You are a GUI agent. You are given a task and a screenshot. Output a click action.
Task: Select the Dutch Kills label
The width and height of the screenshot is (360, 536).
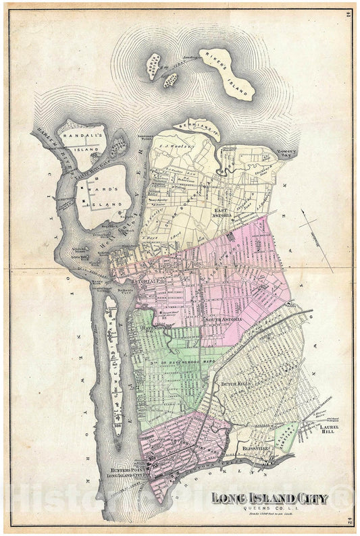236,383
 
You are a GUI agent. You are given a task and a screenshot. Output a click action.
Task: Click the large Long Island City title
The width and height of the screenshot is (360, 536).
269,499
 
